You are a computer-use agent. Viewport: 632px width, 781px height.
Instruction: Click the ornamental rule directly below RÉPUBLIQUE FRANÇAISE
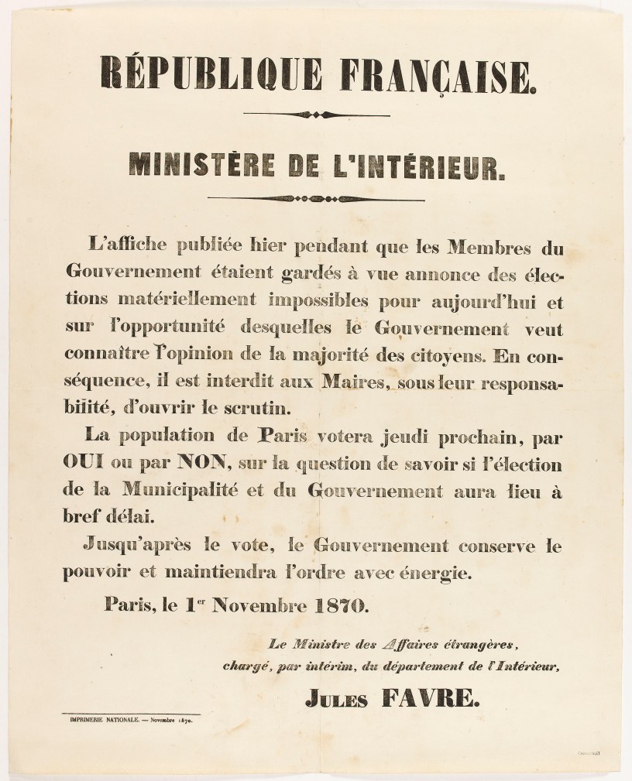316,115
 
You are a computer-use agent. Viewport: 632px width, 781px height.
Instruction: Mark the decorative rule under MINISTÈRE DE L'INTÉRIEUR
316,200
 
